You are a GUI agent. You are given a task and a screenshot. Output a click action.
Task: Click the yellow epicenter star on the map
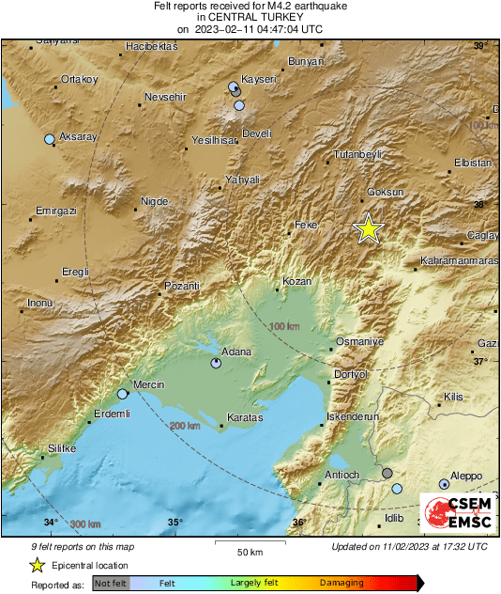pos(369,228)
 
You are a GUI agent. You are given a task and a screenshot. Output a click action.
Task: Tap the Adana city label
pos(235,352)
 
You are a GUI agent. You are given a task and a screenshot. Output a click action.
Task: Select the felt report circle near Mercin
pos(122,395)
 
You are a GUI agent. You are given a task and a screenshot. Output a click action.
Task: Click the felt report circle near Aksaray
pos(50,140)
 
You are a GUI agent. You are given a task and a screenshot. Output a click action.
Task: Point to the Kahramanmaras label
pos(459,260)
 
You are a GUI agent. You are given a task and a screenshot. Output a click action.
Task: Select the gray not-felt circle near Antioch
pos(387,473)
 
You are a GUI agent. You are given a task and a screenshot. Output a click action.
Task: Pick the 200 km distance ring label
pos(186,427)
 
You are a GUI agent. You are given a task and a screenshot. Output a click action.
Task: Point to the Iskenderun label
pos(350,414)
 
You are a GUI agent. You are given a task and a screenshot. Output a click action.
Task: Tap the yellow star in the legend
pos(37,565)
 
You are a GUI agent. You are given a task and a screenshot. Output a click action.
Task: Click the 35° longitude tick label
pos(175,523)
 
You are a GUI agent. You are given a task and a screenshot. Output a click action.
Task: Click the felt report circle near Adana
pos(217,363)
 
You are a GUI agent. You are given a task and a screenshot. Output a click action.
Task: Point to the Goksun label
pos(385,192)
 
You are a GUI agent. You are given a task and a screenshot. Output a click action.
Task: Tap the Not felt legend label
pos(111,583)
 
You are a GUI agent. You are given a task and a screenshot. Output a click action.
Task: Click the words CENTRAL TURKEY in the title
pos(250,17)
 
